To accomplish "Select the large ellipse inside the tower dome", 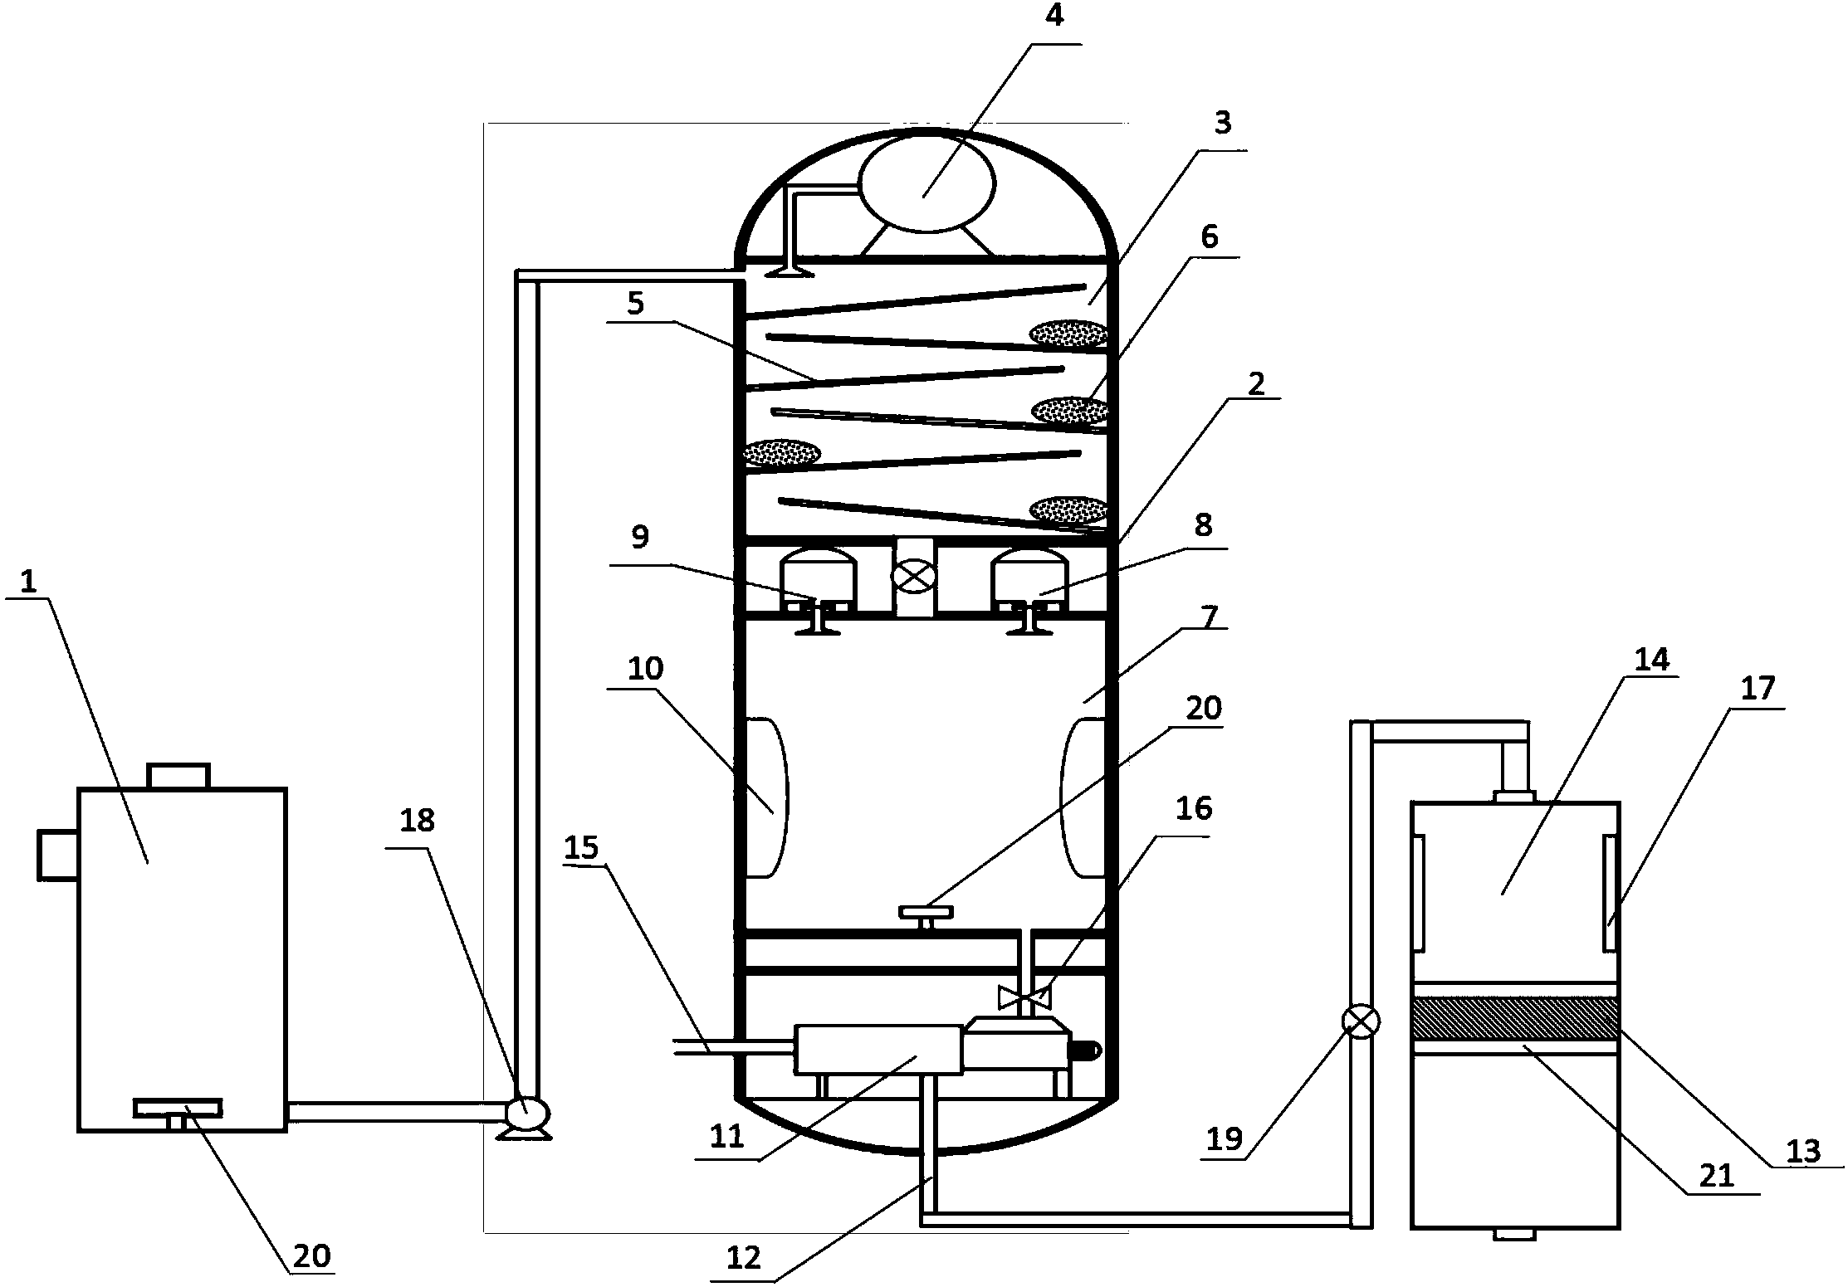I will [926, 184].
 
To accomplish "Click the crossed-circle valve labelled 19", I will [1361, 1021].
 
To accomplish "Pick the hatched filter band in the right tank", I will [1515, 1018].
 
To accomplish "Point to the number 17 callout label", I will [1757, 688].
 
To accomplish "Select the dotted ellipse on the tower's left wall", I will [781, 453].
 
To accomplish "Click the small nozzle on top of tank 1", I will [178, 776].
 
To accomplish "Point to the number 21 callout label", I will [1717, 1175].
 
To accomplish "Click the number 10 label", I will [645, 669].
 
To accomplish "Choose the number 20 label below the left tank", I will [313, 1255].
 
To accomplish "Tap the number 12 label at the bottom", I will [743, 1258].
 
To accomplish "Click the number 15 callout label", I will [581, 847].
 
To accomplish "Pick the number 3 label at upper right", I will [1223, 124].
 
